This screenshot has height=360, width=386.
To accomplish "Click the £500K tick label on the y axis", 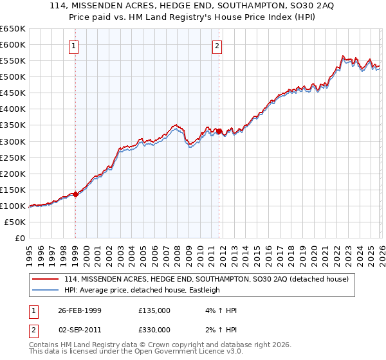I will coord(14,76).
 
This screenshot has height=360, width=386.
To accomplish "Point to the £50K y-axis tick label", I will coord(15,222).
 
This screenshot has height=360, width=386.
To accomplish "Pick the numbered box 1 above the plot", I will coord(75,46).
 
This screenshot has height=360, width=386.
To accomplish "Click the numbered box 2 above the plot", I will coord(217,46).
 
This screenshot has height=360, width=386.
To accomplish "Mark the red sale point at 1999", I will coord(75,194).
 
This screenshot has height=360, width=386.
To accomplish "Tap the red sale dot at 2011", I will coord(219,131).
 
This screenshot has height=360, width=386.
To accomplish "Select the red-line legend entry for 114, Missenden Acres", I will coord(206,279).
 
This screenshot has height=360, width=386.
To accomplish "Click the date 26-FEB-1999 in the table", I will coord(80,310).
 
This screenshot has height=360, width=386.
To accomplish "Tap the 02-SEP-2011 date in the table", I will coord(80,330).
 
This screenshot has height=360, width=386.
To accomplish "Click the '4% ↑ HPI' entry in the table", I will coord(219,310).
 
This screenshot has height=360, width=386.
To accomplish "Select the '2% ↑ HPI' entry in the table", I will coord(219,330).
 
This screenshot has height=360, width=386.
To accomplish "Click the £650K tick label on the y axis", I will coord(14,28).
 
